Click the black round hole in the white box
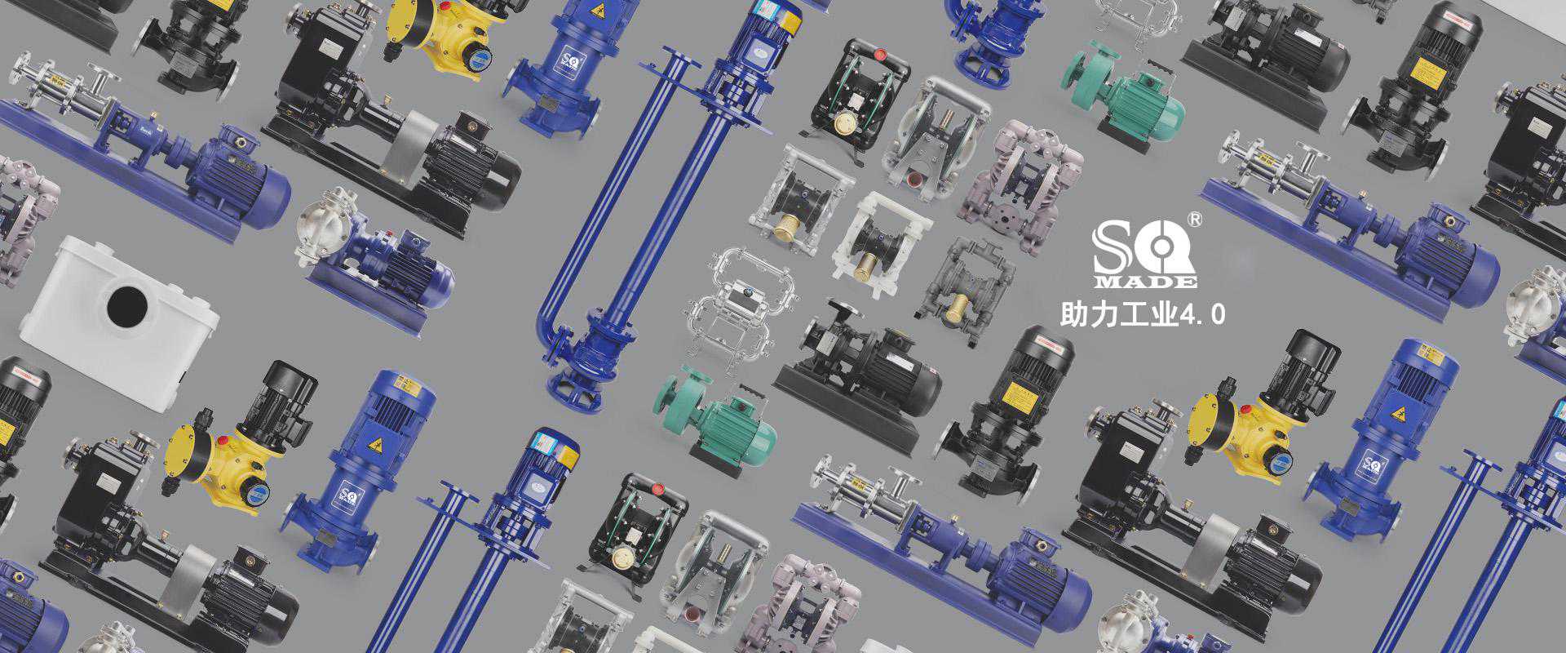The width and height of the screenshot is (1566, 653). (x=127, y=305)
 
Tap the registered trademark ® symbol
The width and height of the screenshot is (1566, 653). (x=1194, y=219)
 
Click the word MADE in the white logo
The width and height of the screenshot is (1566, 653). (x=1145, y=282)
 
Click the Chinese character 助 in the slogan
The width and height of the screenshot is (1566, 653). (x=1073, y=314)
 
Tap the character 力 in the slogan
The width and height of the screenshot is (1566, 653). (x=1103, y=314)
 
